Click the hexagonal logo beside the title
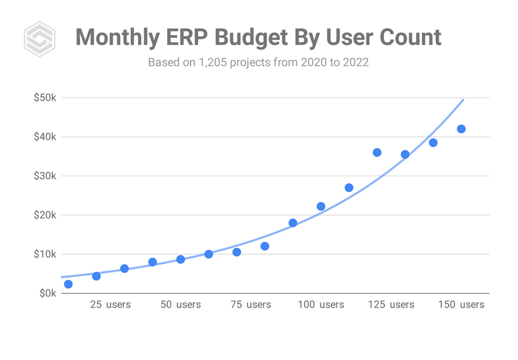pyautogui.click(x=39, y=39)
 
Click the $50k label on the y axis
pyautogui.click(x=45, y=97)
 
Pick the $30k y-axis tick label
pyautogui.click(x=45, y=176)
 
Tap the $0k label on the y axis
pyautogui.click(x=47, y=293)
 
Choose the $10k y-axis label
pyautogui.click(x=45, y=254)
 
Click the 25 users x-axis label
pyautogui.click(x=111, y=305)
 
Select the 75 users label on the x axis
pyautogui.click(x=251, y=305)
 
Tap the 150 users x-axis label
pyautogui.click(x=461, y=305)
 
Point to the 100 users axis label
pyautogui.click(x=320, y=305)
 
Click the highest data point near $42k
pyautogui.click(x=461, y=129)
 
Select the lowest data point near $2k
pyautogui.click(x=68, y=284)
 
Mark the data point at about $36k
pyautogui.click(x=377, y=152)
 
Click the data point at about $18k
pyautogui.click(x=293, y=222)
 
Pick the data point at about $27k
pyautogui.click(x=349, y=187)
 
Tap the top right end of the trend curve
pyautogui.click(x=463, y=100)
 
